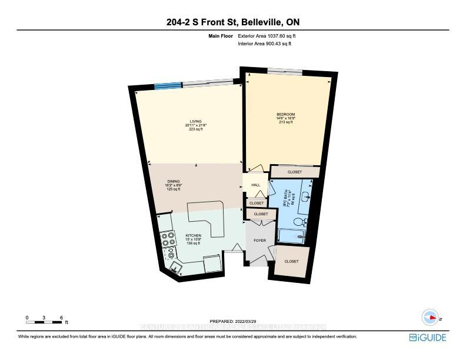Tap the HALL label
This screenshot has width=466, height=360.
coord(256,185)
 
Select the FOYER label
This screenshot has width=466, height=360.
coord(259,241)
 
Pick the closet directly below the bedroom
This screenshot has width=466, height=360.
coord(295,172)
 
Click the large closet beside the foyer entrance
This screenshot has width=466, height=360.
coord(291,261)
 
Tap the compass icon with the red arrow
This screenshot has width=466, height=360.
coord(431,318)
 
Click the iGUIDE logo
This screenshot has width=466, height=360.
coord(427,338)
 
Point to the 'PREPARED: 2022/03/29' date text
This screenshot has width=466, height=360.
coord(232,321)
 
